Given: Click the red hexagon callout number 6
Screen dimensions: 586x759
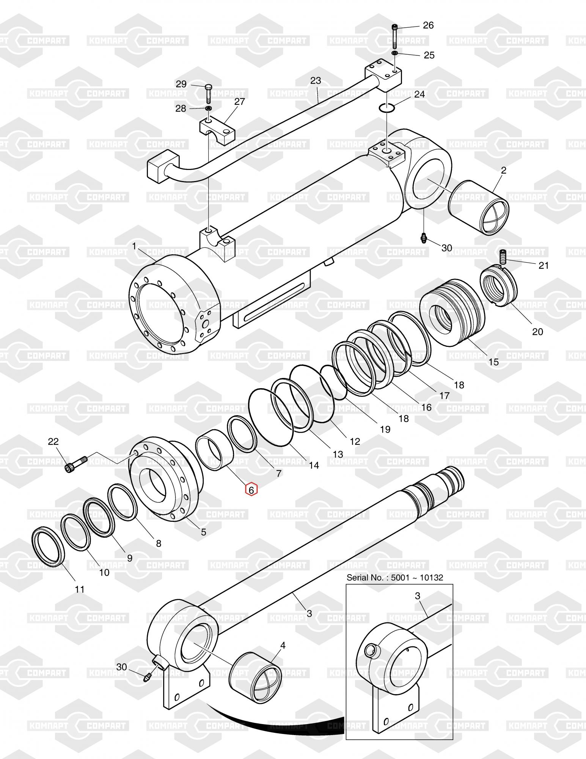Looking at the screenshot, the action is tap(251, 490).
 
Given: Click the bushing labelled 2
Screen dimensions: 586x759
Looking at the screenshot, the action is tap(479, 207).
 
